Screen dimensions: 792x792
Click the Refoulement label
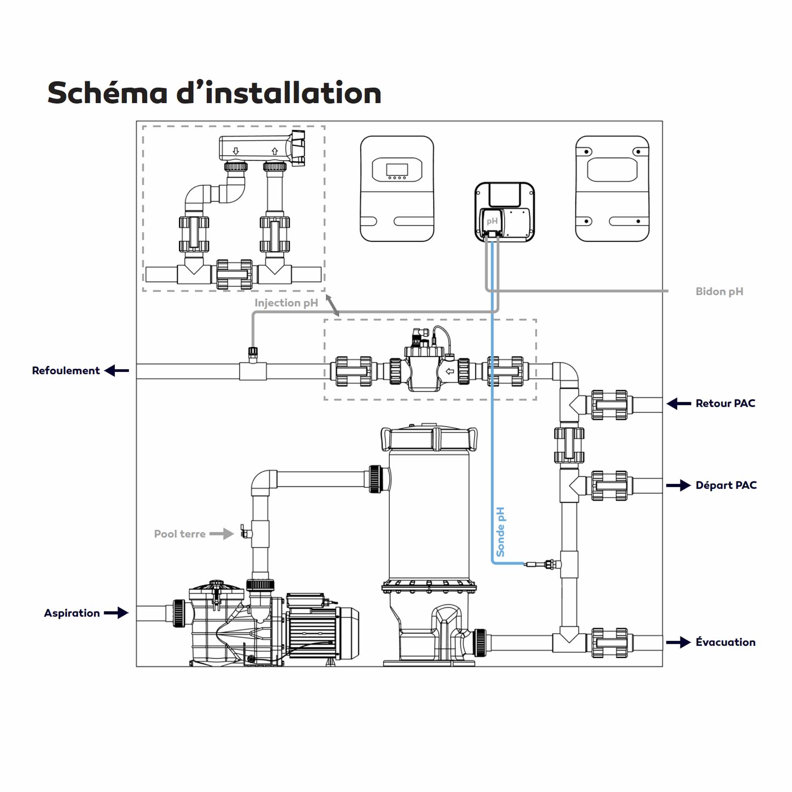[66, 370]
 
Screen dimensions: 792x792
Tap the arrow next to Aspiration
[116, 613]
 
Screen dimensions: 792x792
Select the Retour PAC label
[725, 403]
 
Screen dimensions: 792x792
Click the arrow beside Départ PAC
[678, 485]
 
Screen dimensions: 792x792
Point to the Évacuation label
[725, 642]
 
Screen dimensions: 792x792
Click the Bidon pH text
[719, 292]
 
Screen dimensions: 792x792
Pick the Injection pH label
[286, 303]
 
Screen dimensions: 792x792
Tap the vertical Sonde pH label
[500, 532]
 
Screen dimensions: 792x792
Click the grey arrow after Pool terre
[221, 534]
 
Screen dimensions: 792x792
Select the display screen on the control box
[397, 170]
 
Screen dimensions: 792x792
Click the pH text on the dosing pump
[492, 221]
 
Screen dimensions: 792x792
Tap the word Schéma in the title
[108, 93]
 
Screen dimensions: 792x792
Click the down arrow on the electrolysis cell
[236, 151]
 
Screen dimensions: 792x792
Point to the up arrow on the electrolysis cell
[275, 151]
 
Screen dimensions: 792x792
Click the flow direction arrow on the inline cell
[450, 371]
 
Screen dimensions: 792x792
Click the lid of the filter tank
[429, 438]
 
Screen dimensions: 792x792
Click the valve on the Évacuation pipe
[609, 643]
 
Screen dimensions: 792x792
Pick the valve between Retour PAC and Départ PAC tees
[569, 445]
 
